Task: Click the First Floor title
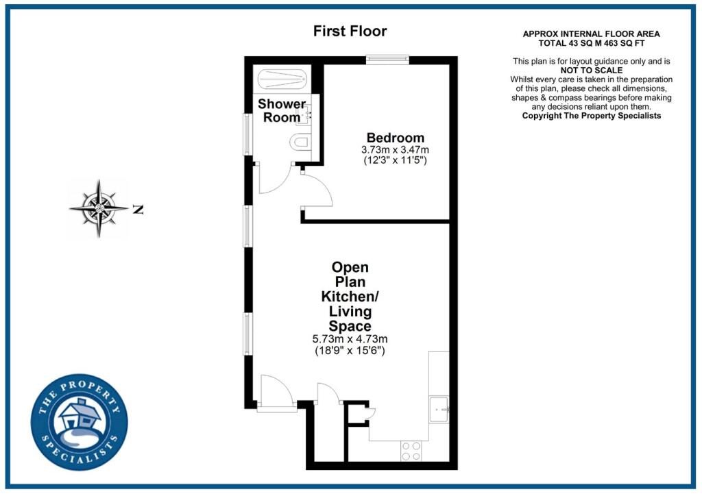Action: click(350, 32)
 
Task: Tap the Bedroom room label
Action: click(395, 138)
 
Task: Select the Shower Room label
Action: click(282, 110)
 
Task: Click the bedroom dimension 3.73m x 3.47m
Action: click(395, 150)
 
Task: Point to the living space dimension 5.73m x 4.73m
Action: click(350, 339)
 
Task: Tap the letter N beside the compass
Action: click(138, 210)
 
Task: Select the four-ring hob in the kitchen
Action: click(411, 450)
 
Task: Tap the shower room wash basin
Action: click(304, 114)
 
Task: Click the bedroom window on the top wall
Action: click(387, 60)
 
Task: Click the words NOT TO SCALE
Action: click(591, 71)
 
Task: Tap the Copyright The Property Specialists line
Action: click(591, 116)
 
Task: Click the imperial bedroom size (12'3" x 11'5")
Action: click(395, 162)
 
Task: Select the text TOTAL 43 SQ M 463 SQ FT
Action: click(591, 42)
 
